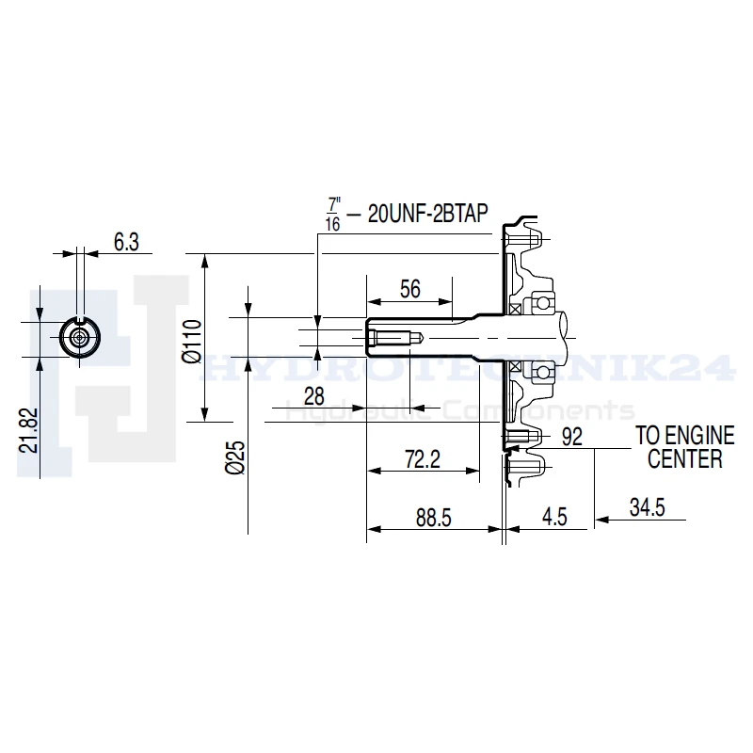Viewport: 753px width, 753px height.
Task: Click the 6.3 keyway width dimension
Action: (x=126, y=242)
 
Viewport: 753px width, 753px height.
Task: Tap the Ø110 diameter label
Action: (x=192, y=342)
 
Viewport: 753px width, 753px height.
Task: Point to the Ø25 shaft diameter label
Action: (x=235, y=458)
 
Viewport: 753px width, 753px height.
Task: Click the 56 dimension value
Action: (x=410, y=289)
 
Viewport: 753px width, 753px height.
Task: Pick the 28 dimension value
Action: (x=314, y=396)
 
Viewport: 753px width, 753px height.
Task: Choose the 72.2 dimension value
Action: (x=423, y=459)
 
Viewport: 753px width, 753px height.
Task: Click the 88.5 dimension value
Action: (x=434, y=519)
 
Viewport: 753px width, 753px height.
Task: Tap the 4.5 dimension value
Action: (x=554, y=517)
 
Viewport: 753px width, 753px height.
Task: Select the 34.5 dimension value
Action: (x=648, y=507)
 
